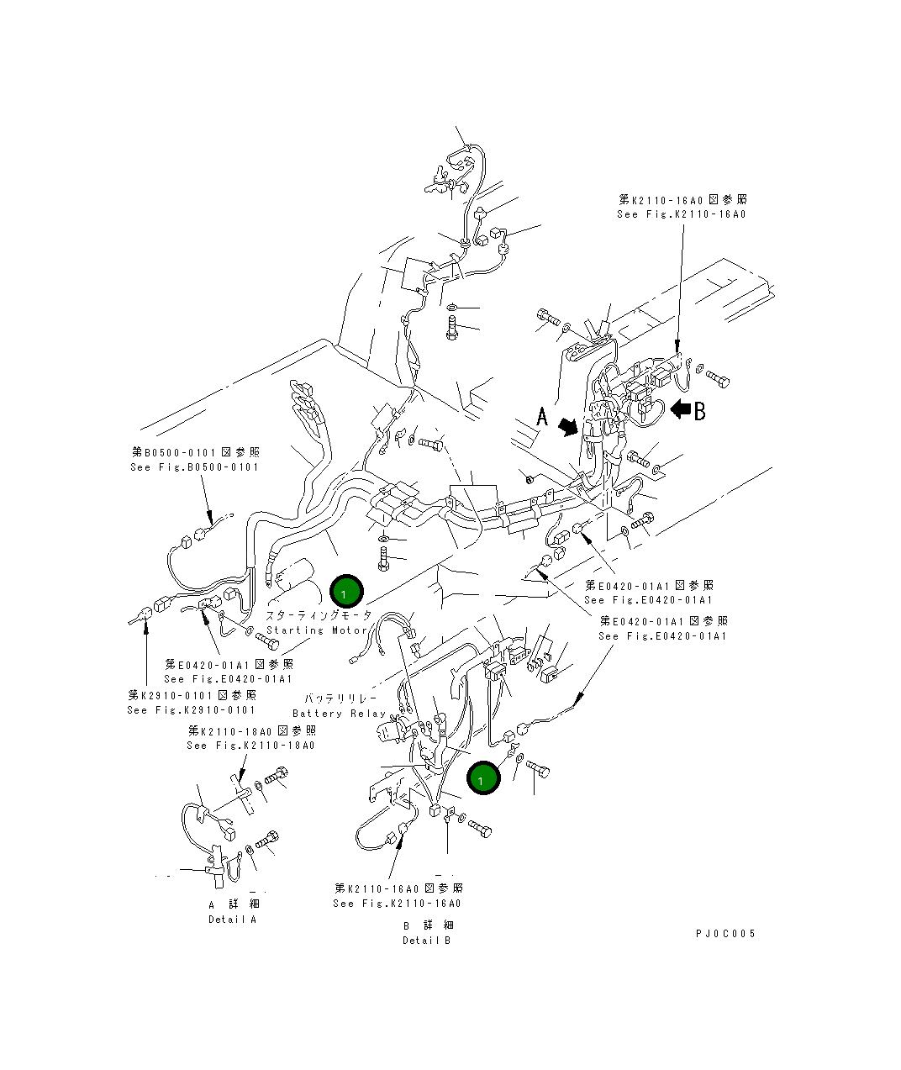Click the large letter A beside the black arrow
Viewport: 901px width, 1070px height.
pyautogui.click(x=543, y=416)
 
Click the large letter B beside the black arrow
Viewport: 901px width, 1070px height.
pyautogui.click(x=698, y=410)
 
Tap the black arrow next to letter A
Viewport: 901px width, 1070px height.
pyautogui.click(x=570, y=427)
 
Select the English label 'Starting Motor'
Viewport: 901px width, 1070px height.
pyautogui.click(x=317, y=630)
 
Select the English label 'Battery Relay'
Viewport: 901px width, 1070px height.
pyautogui.click(x=339, y=714)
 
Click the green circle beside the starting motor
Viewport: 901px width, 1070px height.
pyautogui.click(x=345, y=593)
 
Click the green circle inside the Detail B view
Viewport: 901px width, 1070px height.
pyautogui.click(x=483, y=778)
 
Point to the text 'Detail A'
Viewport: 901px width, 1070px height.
pyautogui.click(x=233, y=920)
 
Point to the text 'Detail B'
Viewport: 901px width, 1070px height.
pyautogui.click(x=426, y=941)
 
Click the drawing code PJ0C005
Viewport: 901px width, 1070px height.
pyautogui.click(x=725, y=934)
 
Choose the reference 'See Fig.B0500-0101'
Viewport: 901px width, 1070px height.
pyautogui.click(x=194, y=467)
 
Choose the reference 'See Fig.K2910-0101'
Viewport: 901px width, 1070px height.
pyautogui.click(x=192, y=710)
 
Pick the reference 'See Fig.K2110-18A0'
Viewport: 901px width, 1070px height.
pyautogui.click(x=250, y=746)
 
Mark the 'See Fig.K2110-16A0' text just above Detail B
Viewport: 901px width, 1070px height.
pyautogui.click(x=397, y=904)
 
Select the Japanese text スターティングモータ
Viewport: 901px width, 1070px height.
pyautogui.click(x=319, y=615)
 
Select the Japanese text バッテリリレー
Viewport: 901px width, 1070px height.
pyautogui.click(x=340, y=698)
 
